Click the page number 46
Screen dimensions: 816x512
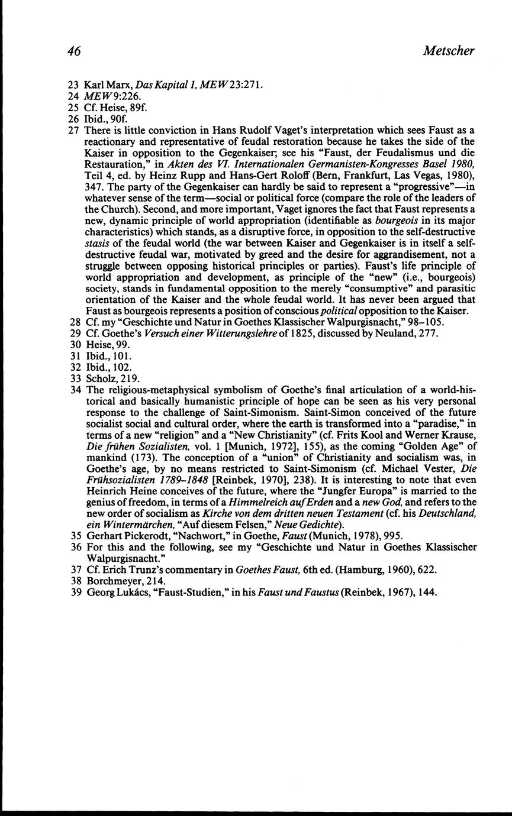pyautogui.click(x=74, y=51)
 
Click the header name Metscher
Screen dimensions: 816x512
pyautogui.click(x=449, y=51)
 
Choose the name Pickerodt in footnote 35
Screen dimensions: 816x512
pyautogui.click(x=144, y=536)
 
